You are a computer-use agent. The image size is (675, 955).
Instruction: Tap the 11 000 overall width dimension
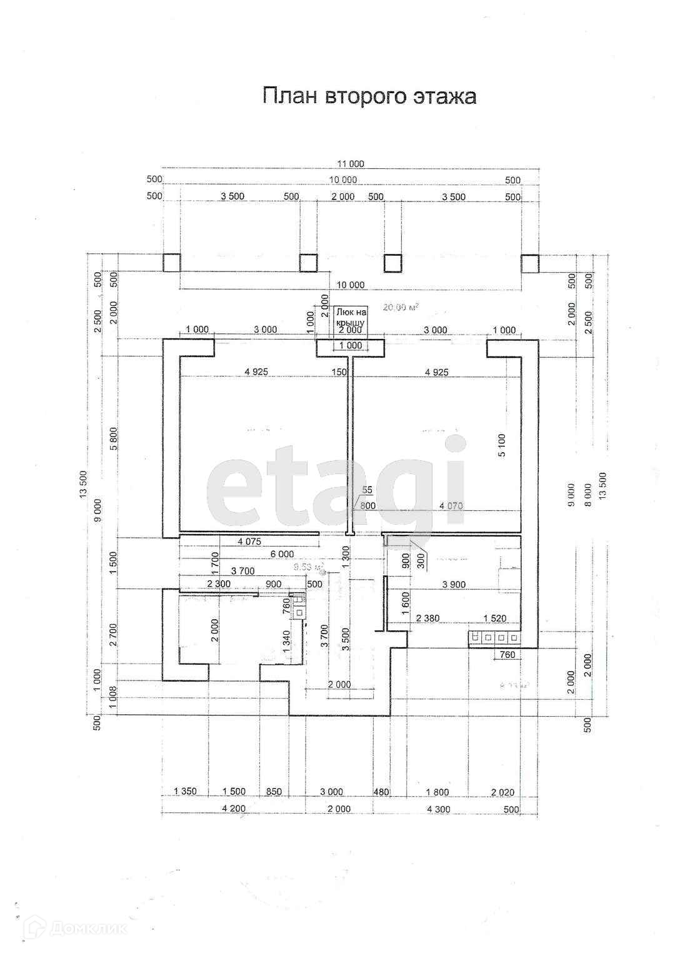click(350, 164)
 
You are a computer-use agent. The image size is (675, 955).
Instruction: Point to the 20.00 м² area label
click(401, 307)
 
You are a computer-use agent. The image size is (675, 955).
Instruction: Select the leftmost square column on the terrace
click(171, 263)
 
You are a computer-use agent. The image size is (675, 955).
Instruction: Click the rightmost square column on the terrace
click(530, 263)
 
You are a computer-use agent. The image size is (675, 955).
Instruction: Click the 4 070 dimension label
click(451, 505)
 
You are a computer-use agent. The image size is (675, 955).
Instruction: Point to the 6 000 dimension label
click(282, 554)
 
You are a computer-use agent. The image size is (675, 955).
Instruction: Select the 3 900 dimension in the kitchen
click(453, 585)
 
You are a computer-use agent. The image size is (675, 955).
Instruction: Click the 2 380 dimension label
click(427, 618)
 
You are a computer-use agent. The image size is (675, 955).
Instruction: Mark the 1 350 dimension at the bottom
click(185, 792)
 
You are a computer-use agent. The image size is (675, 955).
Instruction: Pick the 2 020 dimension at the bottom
click(502, 792)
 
